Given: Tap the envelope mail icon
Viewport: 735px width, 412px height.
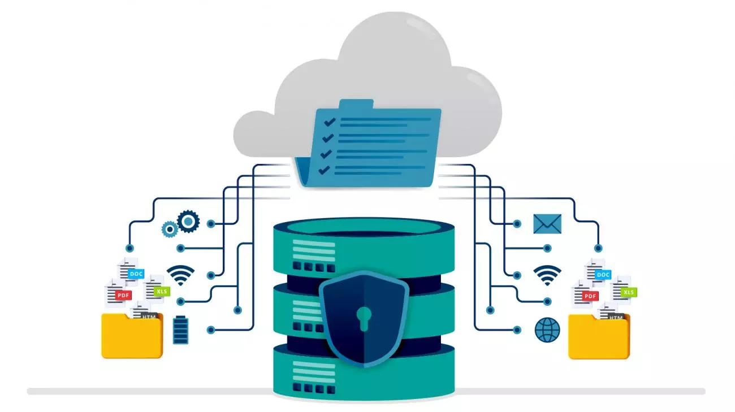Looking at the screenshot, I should click(547, 224).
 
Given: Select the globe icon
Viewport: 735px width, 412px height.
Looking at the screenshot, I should click(547, 329).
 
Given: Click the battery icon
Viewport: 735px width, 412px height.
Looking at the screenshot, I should click(180, 329).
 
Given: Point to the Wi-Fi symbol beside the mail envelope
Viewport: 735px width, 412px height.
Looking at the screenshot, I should click(547, 275).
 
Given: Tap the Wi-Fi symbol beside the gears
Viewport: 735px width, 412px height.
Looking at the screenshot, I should click(180, 275).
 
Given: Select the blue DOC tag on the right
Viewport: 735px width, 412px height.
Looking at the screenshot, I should click(603, 275).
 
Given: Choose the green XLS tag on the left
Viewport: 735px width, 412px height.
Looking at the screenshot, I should click(162, 292).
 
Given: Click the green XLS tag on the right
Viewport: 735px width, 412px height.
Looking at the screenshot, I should click(628, 292).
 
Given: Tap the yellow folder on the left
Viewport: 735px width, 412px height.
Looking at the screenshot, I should click(132, 337).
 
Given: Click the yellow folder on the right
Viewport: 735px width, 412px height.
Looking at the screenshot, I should click(598, 338).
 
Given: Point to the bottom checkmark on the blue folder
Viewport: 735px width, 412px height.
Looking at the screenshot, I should click(324, 169).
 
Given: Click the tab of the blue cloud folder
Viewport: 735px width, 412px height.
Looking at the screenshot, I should click(356, 104).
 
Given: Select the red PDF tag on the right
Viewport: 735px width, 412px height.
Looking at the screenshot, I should click(590, 296).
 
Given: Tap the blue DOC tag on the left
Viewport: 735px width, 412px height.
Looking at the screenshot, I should click(136, 274).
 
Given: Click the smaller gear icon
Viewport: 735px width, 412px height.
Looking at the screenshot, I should click(169, 229).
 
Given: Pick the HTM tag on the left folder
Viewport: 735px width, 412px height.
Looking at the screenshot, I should click(149, 317).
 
